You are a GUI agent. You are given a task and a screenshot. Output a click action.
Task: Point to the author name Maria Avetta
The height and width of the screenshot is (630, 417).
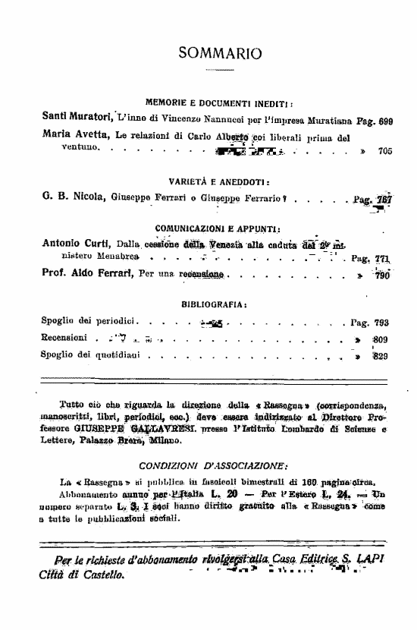pos(74,137)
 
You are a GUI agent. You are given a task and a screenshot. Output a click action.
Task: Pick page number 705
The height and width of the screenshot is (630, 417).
pos(384,151)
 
